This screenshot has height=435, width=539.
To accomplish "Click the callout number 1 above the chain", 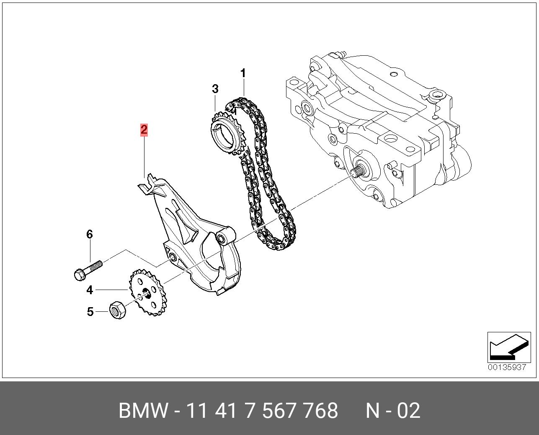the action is click(x=243, y=73).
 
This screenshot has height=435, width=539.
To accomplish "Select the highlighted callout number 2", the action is click(x=144, y=130).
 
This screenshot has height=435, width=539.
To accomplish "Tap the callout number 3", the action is click(x=215, y=89).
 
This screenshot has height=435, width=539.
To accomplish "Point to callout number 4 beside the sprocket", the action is click(x=90, y=290).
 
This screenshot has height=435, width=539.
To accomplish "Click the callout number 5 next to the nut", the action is click(x=90, y=312).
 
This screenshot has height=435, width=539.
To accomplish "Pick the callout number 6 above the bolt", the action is click(x=89, y=234).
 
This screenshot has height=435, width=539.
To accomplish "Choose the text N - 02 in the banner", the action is click(x=392, y=411).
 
